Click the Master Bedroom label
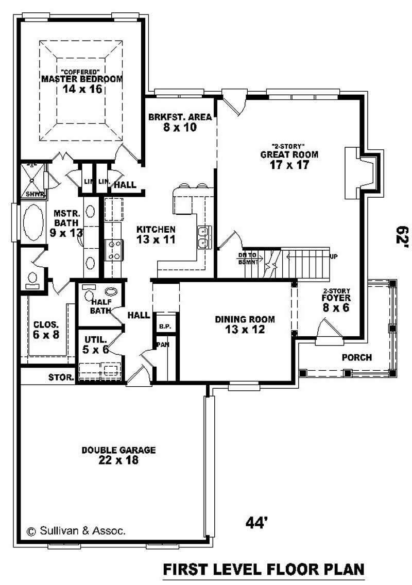pyautogui.click(x=82, y=79)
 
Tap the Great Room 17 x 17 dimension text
pyautogui.click(x=289, y=165)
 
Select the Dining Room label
pyautogui.click(x=245, y=319)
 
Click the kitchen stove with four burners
pyautogui.click(x=113, y=250)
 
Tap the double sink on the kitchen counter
pyautogui.click(x=203, y=237)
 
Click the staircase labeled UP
pyautogui.click(x=306, y=256)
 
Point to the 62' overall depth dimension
pyautogui.click(x=401, y=238)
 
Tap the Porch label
pyautogui.click(x=357, y=357)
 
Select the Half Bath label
pyautogui.click(x=101, y=306)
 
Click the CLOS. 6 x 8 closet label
pyautogui.click(x=46, y=330)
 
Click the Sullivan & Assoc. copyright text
pyautogui.click(x=76, y=530)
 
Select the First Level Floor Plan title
pyautogui.click(x=264, y=570)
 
